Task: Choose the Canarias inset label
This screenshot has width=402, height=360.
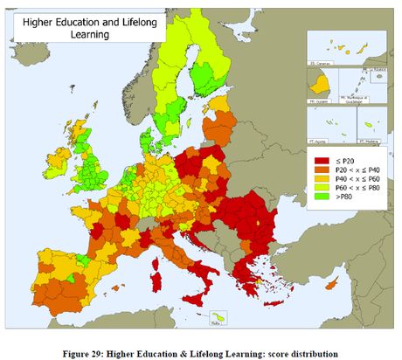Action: click(x=318, y=64)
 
